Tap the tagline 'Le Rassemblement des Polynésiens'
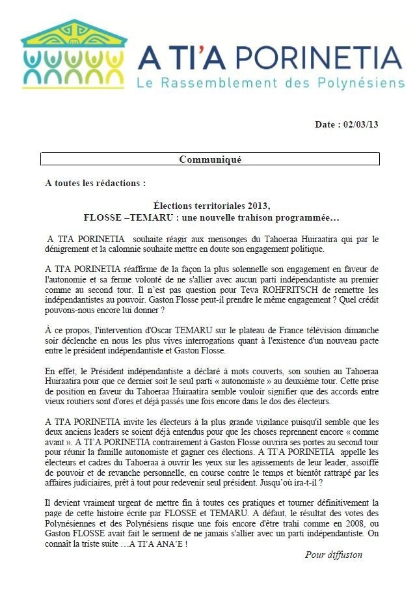coord(269,83)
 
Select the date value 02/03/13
coord(361,124)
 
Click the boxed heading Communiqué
coord(209,159)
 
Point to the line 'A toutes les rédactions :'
coord(96,183)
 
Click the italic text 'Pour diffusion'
coord(334,555)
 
